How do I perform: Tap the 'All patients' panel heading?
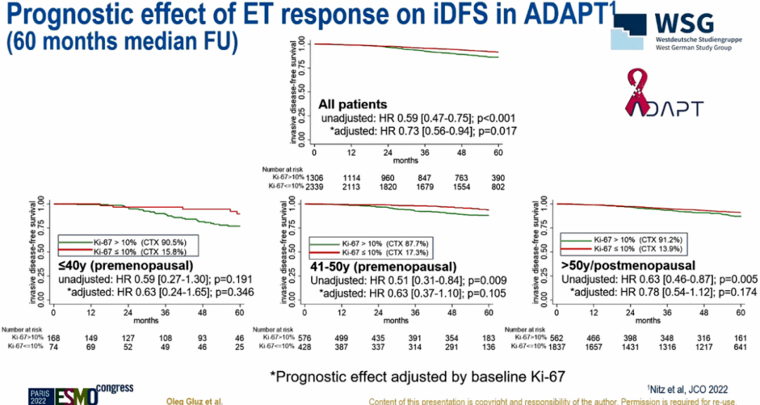coord(353,104)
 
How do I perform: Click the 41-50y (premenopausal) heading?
coord(384,267)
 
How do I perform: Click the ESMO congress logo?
coord(81,394)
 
